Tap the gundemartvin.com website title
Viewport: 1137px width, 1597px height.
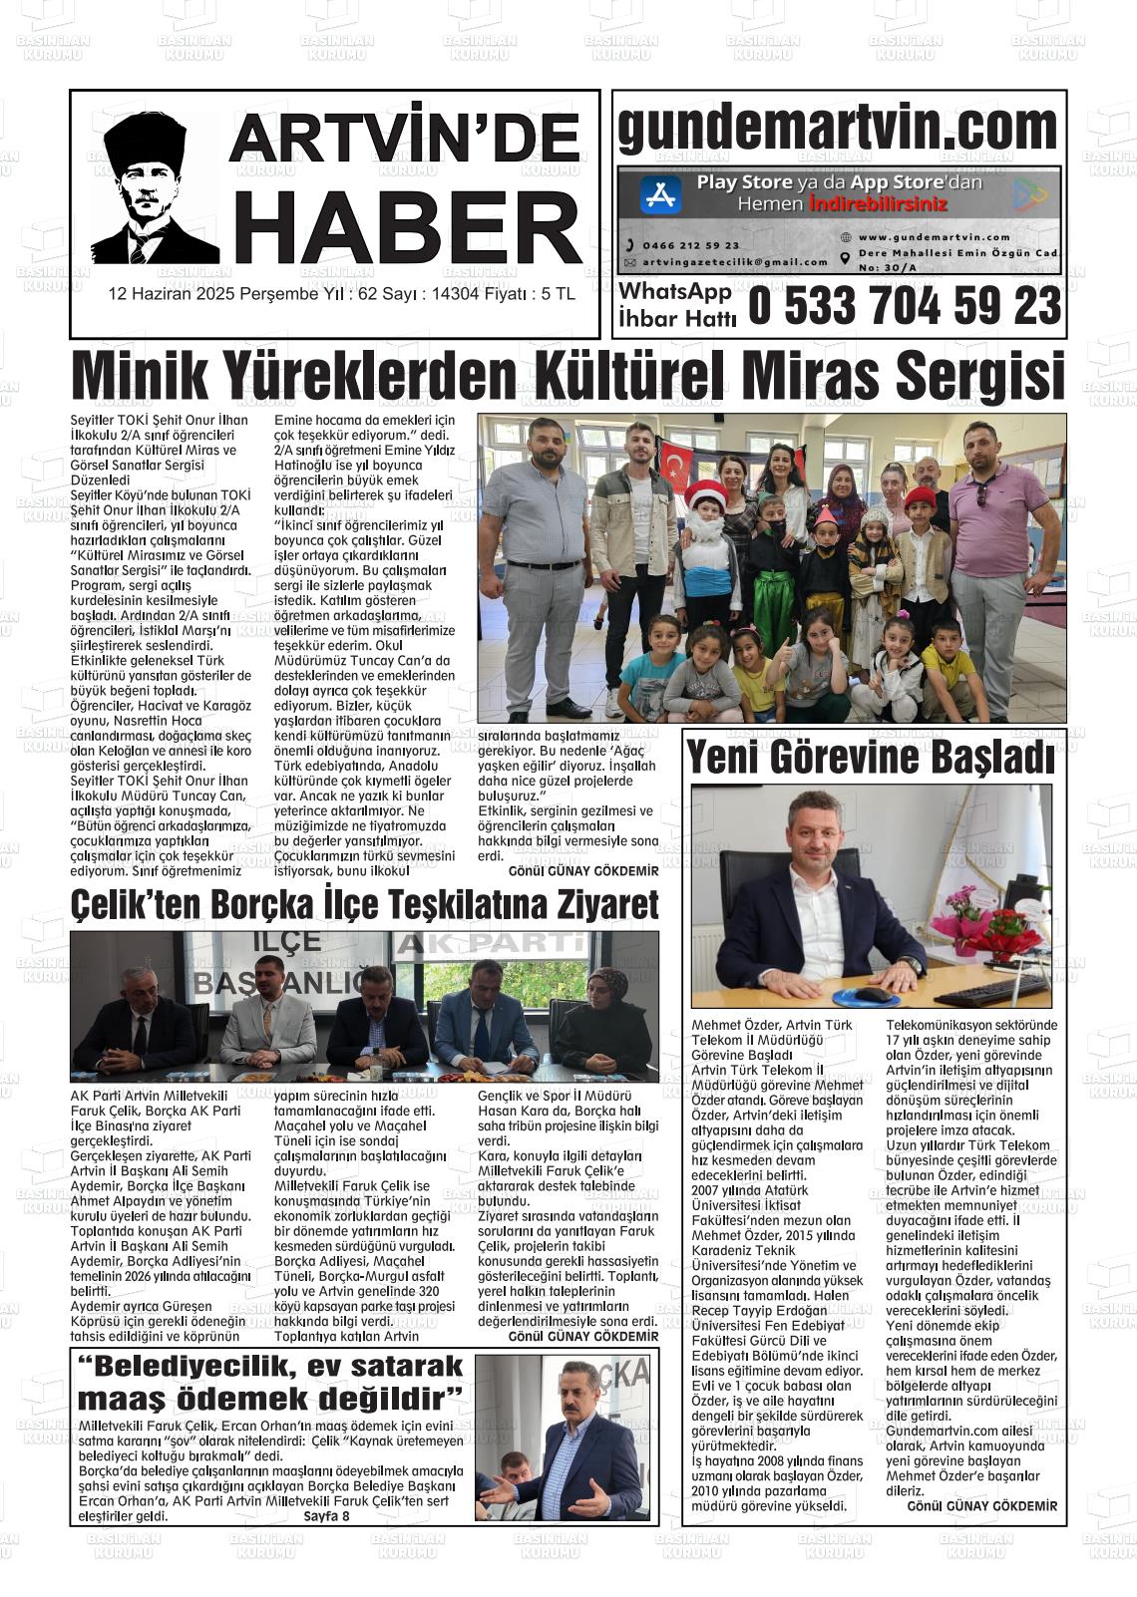(838, 130)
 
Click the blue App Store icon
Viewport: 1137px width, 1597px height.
(660, 193)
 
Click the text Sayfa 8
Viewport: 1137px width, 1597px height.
(327, 1517)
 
